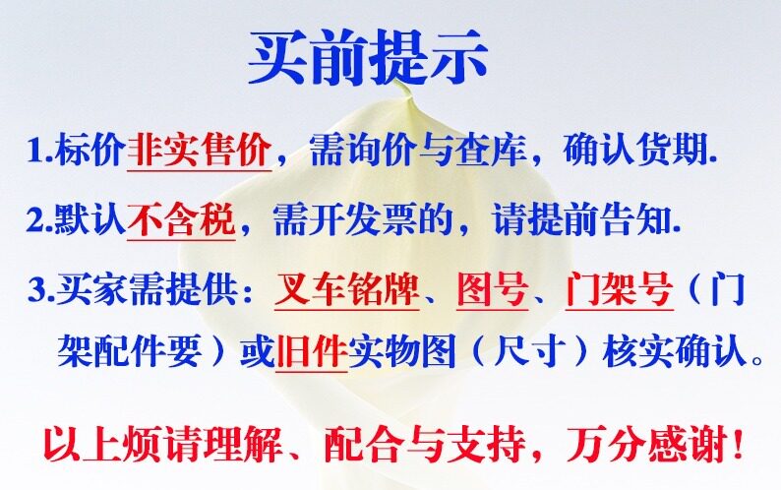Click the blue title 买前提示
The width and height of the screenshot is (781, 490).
(368, 57)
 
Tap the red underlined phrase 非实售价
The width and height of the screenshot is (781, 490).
(200, 150)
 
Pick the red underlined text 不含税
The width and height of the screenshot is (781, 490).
(181, 219)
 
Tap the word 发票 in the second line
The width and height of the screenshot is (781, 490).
(381, 219)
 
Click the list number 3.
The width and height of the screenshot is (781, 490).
(37, 289)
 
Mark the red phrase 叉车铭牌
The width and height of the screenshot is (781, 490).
(347, 289)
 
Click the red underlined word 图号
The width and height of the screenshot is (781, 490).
(493, 289)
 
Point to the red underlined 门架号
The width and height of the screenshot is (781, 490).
(620, 289)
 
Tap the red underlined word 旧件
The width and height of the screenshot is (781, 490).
(311, 352)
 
